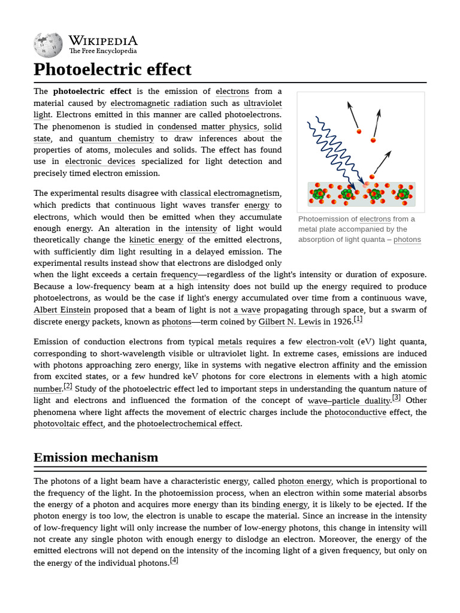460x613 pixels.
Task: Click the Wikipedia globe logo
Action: click(x=48, y=45)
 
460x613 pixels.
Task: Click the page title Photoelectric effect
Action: click(x=113, y=69)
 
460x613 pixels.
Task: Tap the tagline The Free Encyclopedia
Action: click(x=102, y=51)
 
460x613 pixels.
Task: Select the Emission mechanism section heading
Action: click(x=96, y=457)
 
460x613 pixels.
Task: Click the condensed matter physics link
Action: click(x=207, y=126)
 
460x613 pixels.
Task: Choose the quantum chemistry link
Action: click(x=116, y=138)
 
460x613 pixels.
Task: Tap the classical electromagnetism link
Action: click(x=230, y=193)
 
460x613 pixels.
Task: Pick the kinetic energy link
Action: click(x=156, y=240)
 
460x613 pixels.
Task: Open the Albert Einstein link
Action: click(x=62, y=310)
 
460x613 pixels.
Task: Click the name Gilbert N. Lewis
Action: click(x=289, y=322)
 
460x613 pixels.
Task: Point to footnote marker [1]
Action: click(x=358, y=319)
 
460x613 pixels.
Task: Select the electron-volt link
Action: click(x=330, y=342)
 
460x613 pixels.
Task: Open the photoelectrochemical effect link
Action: click(x=189, y=424)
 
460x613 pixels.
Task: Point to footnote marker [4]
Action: click(x=174, y=560)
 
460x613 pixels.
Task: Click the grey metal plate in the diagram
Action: click(x=361, y=195)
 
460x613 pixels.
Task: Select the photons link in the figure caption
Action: click(x=407, y=239)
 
